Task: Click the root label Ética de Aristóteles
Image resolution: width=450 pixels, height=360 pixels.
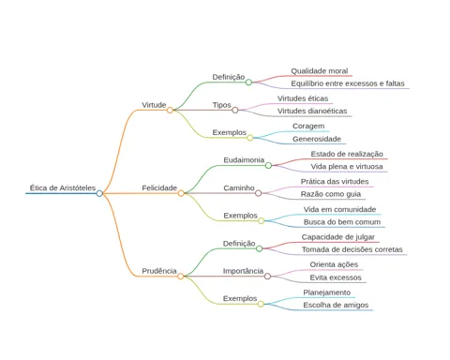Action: point(63,187)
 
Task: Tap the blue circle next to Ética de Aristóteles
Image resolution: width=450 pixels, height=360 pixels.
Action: point(99,193)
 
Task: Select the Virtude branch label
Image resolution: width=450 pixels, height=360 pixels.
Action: point(154,105)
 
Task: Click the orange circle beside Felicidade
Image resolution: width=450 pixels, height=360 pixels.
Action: point(181,193)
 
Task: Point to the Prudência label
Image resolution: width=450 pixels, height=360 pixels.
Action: point(159,271)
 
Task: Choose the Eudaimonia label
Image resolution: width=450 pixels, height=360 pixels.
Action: point(244,160)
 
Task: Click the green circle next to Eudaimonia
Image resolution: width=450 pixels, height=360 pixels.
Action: point(268,166)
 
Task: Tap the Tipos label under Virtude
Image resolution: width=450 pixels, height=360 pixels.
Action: point(221,105)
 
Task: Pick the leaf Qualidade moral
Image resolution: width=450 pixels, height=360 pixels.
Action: point(320,71)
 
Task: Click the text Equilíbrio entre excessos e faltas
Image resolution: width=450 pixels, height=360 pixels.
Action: point(348,83)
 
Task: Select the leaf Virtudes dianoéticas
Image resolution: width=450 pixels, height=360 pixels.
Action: point(312,111)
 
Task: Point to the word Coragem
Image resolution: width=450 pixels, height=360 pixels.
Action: point(308,127)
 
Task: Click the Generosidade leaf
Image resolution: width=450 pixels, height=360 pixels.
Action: point(317,139)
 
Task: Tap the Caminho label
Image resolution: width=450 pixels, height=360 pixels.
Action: point(239,187)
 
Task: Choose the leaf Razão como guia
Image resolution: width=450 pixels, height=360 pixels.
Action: point(331,194)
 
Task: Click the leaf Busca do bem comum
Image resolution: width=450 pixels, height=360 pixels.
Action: point(342,222)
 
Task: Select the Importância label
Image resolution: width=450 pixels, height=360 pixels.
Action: point(243,271)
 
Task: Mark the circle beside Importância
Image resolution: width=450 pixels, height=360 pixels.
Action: point(267,277)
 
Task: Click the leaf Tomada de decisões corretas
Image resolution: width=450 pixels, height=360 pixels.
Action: point(352,249)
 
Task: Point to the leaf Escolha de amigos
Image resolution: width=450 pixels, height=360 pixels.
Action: point(336,305)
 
